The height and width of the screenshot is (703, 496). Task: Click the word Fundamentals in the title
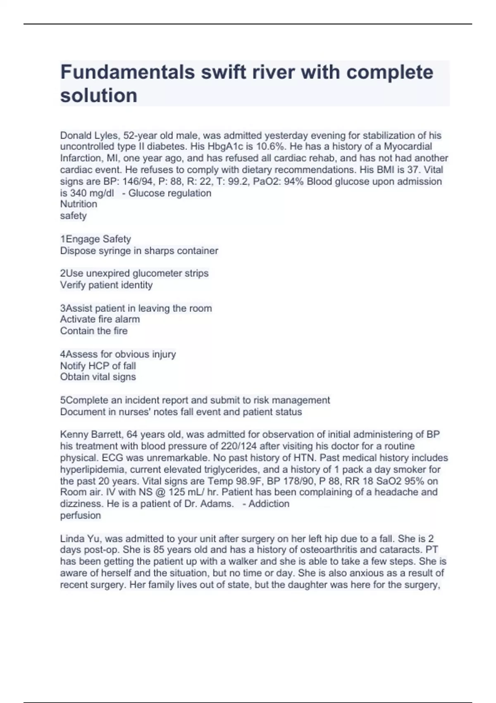pyautogui.click(x=127, y=72)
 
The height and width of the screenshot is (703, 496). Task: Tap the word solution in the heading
pyautogui.click(x=98, y=96)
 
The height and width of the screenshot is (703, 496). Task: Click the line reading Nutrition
pyautogui.click(x=79, y=204)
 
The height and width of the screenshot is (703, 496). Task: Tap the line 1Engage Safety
pyautogui.click(x=95, y=239)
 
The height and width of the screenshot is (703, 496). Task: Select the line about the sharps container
pyautogui.click(x=139, y=251)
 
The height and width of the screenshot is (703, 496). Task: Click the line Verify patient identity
pyautogui.click(x=106, y=285)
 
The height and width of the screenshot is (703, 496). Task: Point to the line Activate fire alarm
pyautogui.click(x=100, y=319)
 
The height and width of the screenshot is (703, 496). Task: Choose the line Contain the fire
pyautogui.click(x=94, y=331)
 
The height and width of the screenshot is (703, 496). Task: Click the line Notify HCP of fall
pyautogui.click(x=98, y=366)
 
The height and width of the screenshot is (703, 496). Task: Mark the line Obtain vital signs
pyautogui.click(x=98, y=377)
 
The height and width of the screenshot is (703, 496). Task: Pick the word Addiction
pyautogui.click(x=269, y=504)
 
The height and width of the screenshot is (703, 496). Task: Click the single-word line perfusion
pyautogui.click(x=81, y=516)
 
